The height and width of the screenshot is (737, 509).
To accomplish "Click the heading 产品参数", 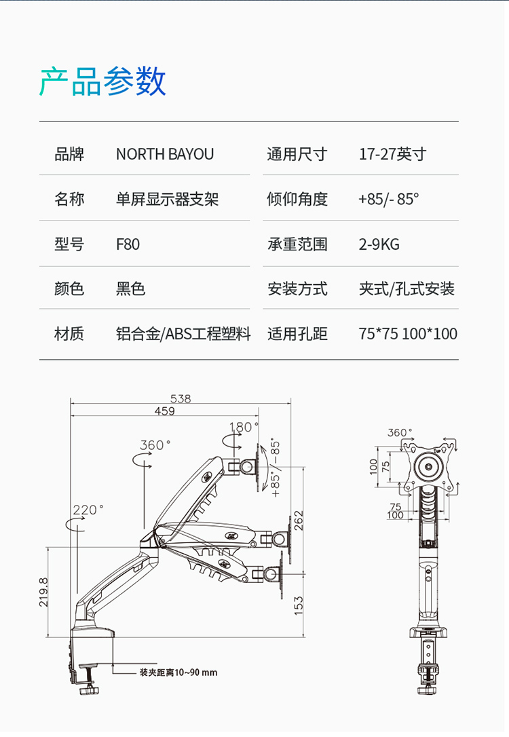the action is (102, 82).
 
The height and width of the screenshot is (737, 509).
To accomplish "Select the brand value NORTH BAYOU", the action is (165, 154).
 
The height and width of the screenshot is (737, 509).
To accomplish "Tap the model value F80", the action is (128, 244).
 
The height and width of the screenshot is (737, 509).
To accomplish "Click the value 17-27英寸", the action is (392, 154).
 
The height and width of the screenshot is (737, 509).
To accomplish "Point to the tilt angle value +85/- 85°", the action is (389, 200).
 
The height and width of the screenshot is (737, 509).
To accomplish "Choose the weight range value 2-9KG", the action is (379, 244).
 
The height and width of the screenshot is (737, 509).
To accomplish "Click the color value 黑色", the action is (130, 289).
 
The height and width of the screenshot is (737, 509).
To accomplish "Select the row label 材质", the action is (69, 334).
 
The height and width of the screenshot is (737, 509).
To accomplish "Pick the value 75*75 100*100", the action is (408, 334).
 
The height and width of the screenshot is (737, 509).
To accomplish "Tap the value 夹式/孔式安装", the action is (407, 289).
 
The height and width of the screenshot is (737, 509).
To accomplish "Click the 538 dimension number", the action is (181, 399).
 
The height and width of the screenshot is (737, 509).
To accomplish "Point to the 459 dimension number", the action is (164, 411).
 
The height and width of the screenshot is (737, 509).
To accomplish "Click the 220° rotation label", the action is (88, 510).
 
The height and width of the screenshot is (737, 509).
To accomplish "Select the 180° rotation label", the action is (244, 428).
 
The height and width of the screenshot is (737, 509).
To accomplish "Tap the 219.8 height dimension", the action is (43, 592).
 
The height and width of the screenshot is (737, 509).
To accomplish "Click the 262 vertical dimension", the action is (299, 521).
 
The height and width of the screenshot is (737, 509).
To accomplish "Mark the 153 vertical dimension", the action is (299, 605).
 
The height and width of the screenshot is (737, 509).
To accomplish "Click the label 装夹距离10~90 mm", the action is (178, 673).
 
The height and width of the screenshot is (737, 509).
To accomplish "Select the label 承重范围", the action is (297, 244).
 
